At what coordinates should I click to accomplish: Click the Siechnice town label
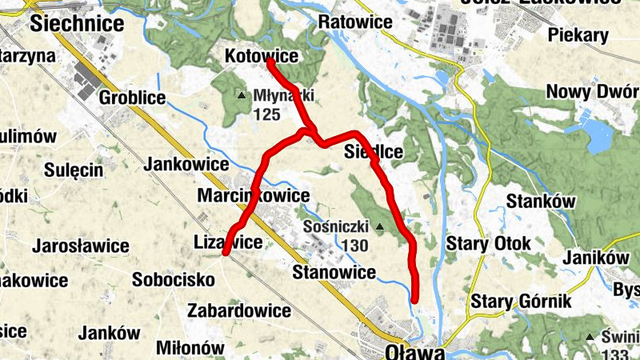point(77,23)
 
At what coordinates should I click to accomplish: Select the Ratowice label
point(355,22)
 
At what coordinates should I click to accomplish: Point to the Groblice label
point(132,98)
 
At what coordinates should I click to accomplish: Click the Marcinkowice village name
point(253,196)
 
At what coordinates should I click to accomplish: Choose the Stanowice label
point(334,273)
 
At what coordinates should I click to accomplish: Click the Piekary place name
point(578,35)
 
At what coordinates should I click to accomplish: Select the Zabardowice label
point(238,310)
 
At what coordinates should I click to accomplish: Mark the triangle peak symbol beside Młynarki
point(242,96)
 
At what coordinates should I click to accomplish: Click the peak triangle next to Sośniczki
point(379,227)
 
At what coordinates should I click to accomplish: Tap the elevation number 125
point(266,114)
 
